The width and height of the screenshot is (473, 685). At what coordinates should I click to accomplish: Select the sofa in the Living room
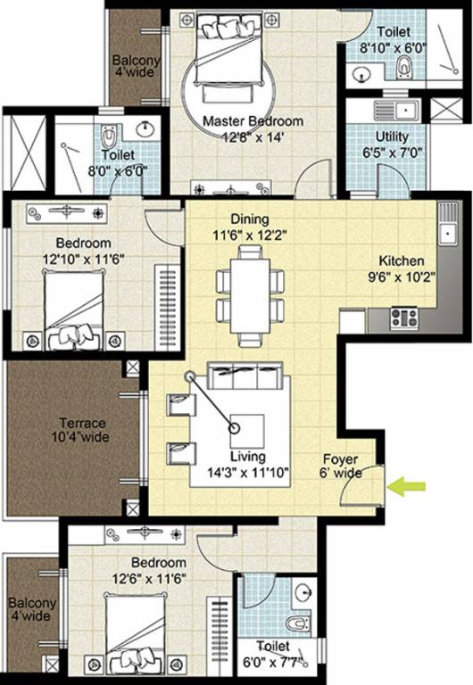tap(245, 376)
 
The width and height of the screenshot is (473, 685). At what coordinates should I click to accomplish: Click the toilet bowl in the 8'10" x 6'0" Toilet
tap(404, 65)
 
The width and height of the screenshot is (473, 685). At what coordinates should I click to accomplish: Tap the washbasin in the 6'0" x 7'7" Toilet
tap(303, 590)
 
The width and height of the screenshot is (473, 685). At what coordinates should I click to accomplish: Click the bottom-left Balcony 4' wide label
tap(31, 610)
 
